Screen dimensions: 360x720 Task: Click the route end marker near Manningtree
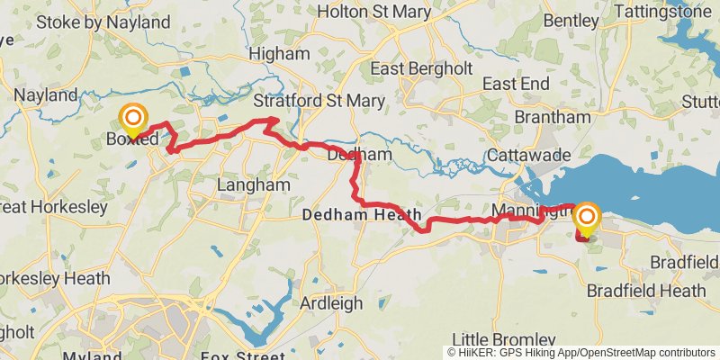coord(587,218)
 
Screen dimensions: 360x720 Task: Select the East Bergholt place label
coord(423,68)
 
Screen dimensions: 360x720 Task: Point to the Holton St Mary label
coord(371,12)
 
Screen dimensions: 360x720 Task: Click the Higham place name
coord(279,54)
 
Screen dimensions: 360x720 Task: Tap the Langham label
coord(255,184)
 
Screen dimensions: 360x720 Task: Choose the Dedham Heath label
coord(362,216)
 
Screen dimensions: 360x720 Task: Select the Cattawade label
coord(528,156)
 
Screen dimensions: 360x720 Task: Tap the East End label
coord(516,84)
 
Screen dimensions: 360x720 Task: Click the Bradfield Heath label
coord(646,291)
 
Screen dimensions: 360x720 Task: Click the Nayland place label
coord(46,94)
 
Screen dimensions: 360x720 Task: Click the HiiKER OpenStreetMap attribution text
coord(581,353)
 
